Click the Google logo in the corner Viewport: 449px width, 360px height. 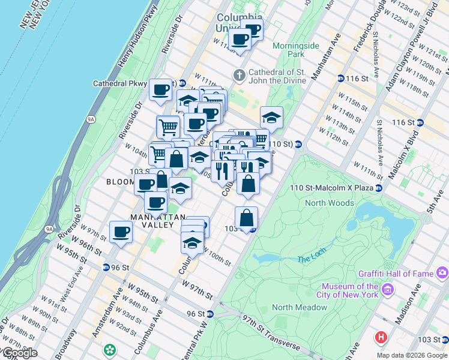(x=19, y=353)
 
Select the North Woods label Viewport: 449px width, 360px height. (x=330, y=203)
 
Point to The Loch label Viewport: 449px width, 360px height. (x=310, y=259)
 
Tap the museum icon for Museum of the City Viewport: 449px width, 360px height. (x=388, y=290)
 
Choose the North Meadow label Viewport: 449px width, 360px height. (x=300, y=307)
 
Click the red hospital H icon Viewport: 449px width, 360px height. (x=381, y=337)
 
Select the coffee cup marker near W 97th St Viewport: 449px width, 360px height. (x=121, y=232)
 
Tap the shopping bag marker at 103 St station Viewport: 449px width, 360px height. (x=246, y=218)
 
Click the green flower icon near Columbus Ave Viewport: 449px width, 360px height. (x=110, y=349)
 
